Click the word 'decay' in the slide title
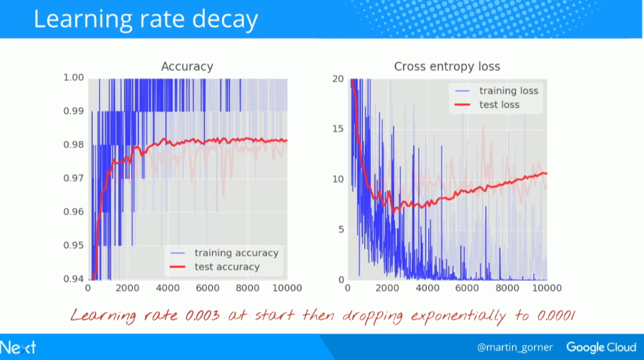point(220,19)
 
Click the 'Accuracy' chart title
point(187,66)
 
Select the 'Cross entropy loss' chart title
point(447,66)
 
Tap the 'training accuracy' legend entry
point(236,252)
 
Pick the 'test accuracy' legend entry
point(227,267)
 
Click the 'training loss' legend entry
point(509,91)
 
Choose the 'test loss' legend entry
point(499,105)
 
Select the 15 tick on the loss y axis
point(337,128)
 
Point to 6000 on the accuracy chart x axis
point(207,289)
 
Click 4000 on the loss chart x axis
point(427,289)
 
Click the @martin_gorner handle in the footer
point(515,347)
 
